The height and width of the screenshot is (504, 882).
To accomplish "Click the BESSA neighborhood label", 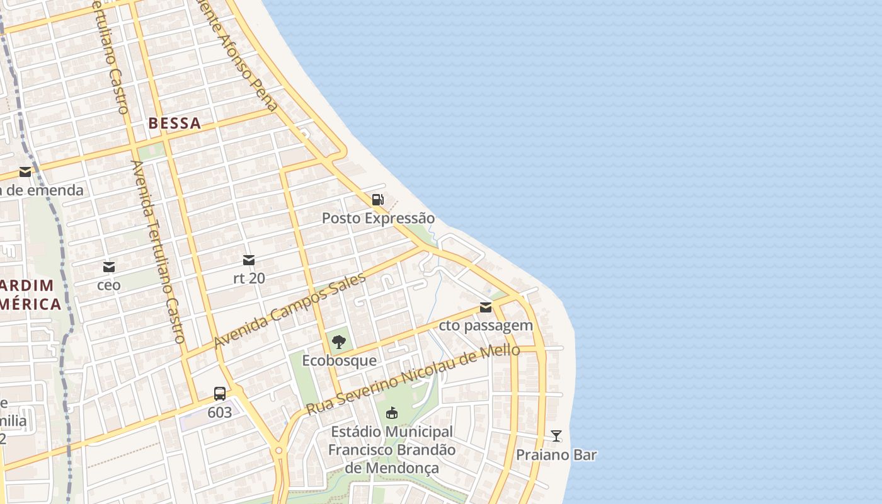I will pyautogui.click(x=175, y=123).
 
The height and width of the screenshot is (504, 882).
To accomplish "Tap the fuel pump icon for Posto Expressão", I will pyautogui.click(x=377, y=200).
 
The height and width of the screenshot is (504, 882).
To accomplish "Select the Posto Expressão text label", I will pyautogui.click(x=378, y=218).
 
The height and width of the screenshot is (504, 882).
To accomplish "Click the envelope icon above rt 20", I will pyautogui.click(x=249, y=260).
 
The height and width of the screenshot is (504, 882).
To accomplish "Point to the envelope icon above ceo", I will pyautogui.click(x=109, y=267).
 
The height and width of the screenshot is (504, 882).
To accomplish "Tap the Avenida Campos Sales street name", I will pyautogui.click(x=289, y=312).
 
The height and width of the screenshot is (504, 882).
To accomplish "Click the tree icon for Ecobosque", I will pyautogui.click(x=339, y=342).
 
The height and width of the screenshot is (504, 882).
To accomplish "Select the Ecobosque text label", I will pyautogui.click(x=339, y=360).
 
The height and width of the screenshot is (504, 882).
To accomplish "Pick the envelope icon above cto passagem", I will pyautogui.click(x=486, y=307).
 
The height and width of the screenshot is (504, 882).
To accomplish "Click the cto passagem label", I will pyautogui.click(x=486, y=325).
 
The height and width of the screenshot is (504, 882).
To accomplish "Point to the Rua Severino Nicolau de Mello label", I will pyautogui.click(x=413, y=380).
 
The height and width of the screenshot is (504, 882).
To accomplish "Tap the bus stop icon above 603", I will pyautogui.click(x=219, y=394).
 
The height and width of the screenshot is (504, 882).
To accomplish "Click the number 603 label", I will pyautogui.click(x=219, y=413).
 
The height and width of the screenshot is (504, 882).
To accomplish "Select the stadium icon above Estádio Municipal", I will pyautogui.click(x=391, y=413).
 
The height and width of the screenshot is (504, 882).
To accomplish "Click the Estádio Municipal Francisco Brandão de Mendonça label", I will pyautogui.click(x=391, y=450).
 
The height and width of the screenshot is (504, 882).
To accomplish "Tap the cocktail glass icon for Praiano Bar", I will pyautogui.click(x=556, y=436).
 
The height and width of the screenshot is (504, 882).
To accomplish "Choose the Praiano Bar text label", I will pyautogui.click(x=556, y=454).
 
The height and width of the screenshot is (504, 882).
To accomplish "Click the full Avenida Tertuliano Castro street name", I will pyautogui.click(x=157, y=251).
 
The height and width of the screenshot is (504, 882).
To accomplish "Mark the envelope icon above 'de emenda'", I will pyautogui.click(x=25, y=172).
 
